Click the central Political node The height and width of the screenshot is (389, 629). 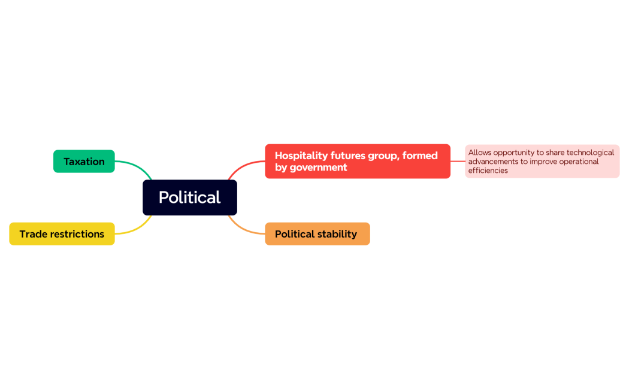(x=189, y=197)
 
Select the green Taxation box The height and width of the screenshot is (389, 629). (x=84, y=162)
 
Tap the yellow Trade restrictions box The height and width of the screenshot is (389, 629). (x=62, y=234)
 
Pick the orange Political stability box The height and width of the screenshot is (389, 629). (x=317, y=234)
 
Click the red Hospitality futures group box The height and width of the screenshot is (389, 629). (x=357, y=161)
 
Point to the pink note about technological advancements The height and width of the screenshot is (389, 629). (x=542, y=161)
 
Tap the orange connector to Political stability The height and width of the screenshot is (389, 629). (x=244, y=229)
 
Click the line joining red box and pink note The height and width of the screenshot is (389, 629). (x=458, y=161)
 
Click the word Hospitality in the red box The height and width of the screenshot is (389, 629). (x=301, y=156)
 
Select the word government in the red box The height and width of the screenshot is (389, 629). (x=318, y=168)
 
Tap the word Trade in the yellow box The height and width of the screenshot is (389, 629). (x=32, y=234)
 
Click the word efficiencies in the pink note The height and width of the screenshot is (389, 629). (x=488, y=171)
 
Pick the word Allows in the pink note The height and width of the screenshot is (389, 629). (x=480, y=153)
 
